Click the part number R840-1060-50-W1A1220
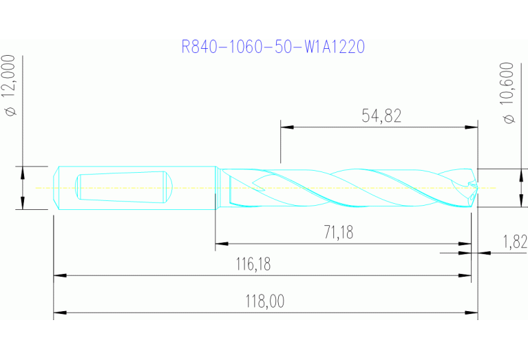click(273, 47)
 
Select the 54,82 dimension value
click(381, 116)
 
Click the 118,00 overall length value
click(264, 301)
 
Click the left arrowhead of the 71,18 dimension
click(221, 243)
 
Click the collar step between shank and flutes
click(217, 187)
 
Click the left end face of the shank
click(55, 187)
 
